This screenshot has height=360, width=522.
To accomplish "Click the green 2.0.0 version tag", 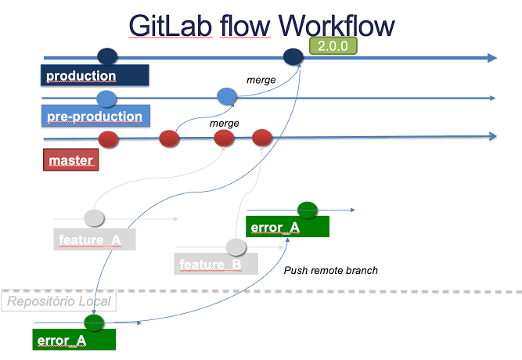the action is point(333,45).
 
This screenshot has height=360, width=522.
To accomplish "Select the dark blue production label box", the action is point(95,75).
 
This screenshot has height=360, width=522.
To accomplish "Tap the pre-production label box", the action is point(96,116).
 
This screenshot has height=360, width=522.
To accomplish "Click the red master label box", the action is point(71,160).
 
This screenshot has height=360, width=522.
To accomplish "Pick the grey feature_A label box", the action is point(95,239).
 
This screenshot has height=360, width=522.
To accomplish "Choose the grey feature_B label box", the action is point(216,264).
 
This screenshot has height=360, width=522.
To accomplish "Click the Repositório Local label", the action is point(59,301).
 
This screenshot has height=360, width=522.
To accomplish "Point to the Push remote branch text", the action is point(331,270).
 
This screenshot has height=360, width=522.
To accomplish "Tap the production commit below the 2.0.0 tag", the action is point(293,56).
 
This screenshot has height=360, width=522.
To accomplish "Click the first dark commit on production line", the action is point(107,56).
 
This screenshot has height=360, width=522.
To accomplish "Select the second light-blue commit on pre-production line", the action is point(227,96).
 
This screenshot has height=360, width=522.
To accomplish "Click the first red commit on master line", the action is point(109,139).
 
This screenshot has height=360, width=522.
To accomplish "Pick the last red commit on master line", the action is point(262,138).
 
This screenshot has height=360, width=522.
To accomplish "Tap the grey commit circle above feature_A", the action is point(94,218).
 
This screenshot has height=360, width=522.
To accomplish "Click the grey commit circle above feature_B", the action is point(236,247).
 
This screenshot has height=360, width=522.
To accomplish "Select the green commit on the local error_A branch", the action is point(94,322).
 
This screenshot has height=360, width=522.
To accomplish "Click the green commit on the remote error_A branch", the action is point(308,211).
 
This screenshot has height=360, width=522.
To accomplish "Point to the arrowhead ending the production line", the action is point(492,58).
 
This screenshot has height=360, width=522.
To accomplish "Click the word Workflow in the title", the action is point(337,26).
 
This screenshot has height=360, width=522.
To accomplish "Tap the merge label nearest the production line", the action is point(261,80).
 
